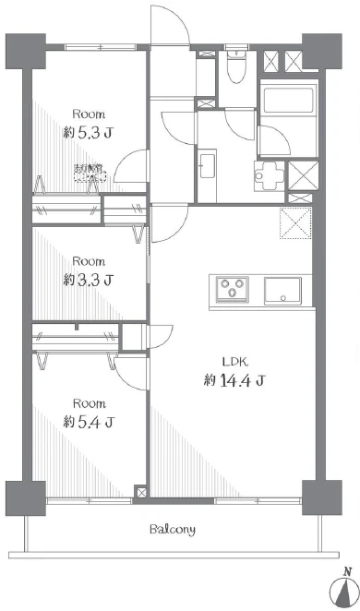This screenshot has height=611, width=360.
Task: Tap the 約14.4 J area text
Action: click(234, 379)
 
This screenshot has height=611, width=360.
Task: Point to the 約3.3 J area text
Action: click(90, 279)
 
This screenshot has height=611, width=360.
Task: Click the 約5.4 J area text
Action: click(90, 422)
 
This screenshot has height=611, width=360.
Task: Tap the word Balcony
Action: click(173, 530)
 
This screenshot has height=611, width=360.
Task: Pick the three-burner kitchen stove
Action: click(233, 290)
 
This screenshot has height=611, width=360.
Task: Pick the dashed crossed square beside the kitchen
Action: click(296, 224)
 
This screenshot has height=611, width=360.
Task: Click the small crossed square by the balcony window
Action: click(140, 493)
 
